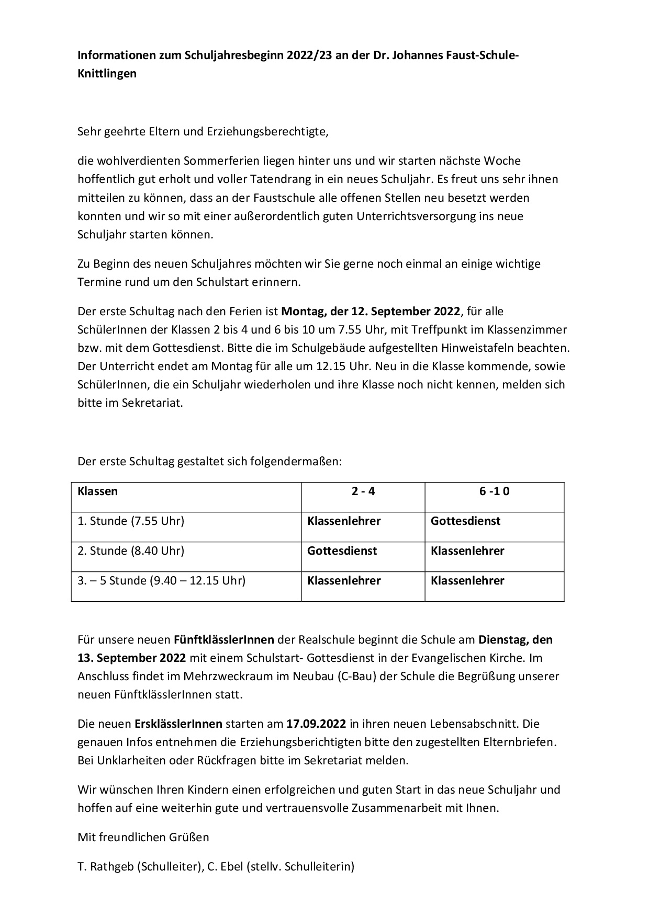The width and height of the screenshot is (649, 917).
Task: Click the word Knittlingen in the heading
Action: [107, 74]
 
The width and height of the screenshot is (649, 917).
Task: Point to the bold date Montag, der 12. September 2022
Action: [371, 312]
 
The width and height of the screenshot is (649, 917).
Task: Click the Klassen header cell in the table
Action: [98, 491]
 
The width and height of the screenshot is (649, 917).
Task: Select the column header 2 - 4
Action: [363, 491]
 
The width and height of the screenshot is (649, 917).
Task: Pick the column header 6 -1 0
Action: [494, 491]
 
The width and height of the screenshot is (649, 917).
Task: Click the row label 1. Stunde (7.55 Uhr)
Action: [131, 521]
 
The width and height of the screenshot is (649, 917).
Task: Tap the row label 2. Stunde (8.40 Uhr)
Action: [131, 551]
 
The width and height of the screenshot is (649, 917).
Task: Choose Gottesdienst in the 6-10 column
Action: [465, 521]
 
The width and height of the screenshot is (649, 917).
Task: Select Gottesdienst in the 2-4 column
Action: [342, 551]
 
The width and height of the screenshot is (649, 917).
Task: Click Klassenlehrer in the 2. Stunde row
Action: [467, 551]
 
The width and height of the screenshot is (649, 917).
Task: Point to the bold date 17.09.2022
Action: [316, 724]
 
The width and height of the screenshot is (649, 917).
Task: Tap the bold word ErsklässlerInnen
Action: [178, 724]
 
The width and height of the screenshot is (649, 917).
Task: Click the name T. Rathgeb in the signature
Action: [106, 867]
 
